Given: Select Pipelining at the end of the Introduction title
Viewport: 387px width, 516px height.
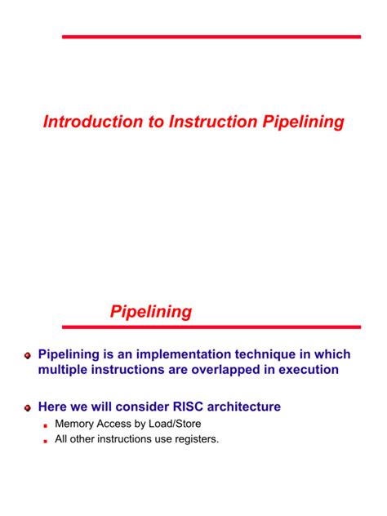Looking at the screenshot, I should coord(301,122).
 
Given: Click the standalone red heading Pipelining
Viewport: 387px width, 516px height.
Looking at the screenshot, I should coord(151,311).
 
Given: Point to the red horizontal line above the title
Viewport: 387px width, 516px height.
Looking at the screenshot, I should coord(211,37).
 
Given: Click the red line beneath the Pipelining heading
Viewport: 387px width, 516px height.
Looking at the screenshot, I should coord(211,327).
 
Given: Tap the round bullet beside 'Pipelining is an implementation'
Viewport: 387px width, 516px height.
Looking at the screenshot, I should coord(28,356).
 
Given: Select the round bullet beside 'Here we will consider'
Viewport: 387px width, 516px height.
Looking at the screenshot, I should coord(28,407).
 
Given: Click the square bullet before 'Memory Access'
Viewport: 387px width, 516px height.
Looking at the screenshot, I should coord(47,425).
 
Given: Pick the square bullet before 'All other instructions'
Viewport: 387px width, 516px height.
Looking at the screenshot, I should coord(47,440).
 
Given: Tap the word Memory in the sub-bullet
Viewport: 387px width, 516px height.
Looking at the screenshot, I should coord(74,425).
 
